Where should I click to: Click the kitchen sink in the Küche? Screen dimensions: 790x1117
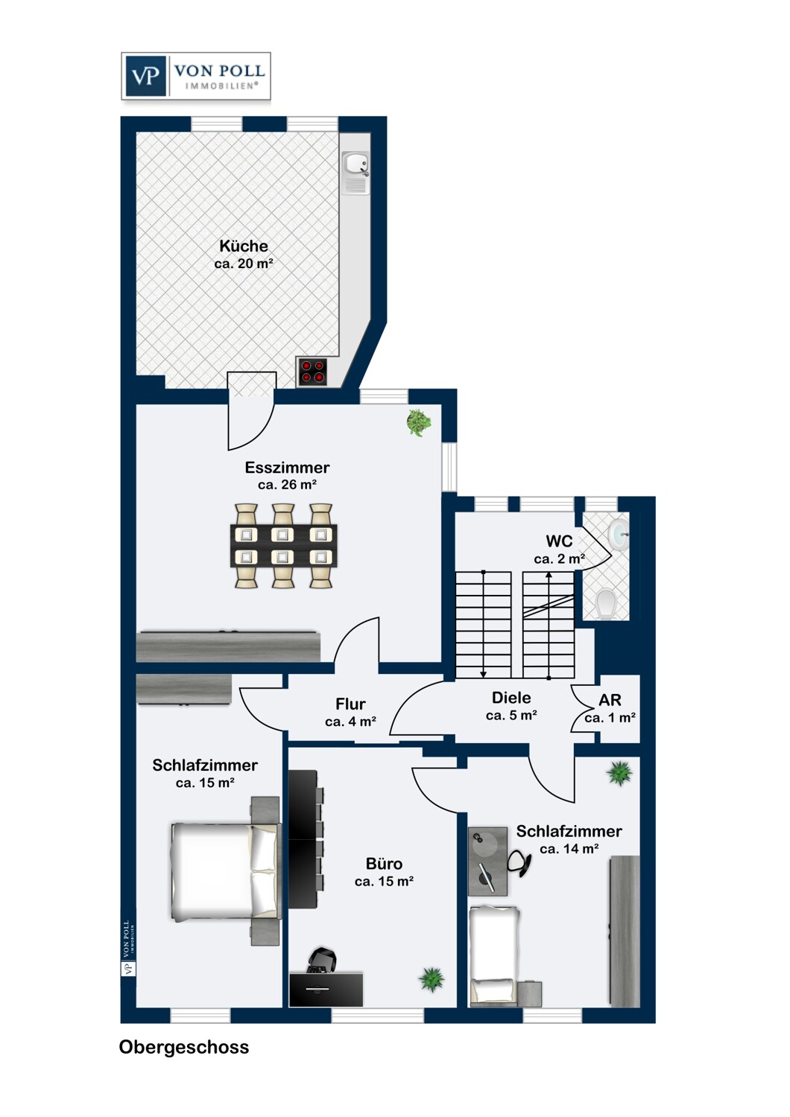pyautogui.click(x=355, y=173)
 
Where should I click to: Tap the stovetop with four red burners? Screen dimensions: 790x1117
pyautogui.click(x=312, y=372)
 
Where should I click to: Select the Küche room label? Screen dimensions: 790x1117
pyautogui.click(x=244, y=246)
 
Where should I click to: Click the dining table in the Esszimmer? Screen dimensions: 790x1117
pyautogui.click(x=283, y=546)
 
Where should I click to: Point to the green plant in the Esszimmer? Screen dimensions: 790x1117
pyautogui.click(x=419, y=422)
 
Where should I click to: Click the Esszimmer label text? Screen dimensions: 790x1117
pyautogui.click(x=287, y=468)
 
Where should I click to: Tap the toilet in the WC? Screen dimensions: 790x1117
pyautogui.click(x=606, y=604)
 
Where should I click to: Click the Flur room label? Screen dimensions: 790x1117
pyautogui.click(x=350, y=704)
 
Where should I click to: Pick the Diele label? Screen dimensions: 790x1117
pyautogui.click(x=511, y=698)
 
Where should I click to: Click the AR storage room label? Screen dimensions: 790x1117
pyautogui.click(x=610, y=700)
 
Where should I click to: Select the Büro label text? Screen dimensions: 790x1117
pyautogui.click(x=384, y=864)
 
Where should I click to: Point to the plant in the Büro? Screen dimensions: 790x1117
pyautogui.click(x=432, y=979)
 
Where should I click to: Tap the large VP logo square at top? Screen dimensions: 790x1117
pyautogui.click(x=145, y=76)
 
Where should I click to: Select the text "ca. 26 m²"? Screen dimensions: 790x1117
pyautogui.click(x=288, y=485)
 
